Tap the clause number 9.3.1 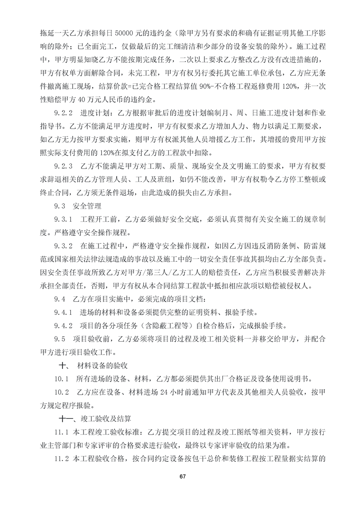[63, 220]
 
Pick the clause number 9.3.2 [63, 246]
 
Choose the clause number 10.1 [60, 379]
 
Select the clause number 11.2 [61, 458]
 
